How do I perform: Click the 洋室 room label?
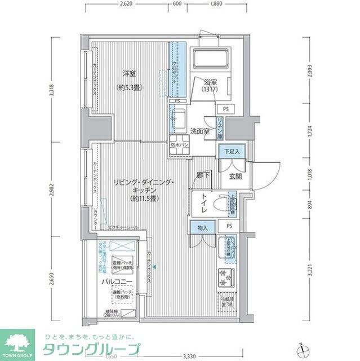coord(130,73)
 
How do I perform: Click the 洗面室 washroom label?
coord(200,131)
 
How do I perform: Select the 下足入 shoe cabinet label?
coord(229,151)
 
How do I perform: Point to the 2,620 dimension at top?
coord(126,4)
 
